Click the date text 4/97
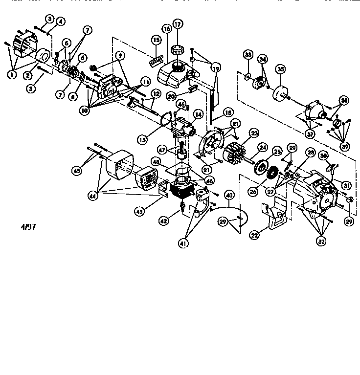pyautogui.click(x=28, y=226)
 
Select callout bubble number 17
pyautogui.click(x=177, y=23)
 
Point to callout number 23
pyautogui.click(x=254, y=132)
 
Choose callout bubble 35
pyautogui.click(x=280, y=69)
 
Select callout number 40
pyautogui.click(x=229, y=194)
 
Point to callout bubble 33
pyautogui.click(x=247, y=54)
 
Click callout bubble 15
pyautogui.click(x=156, y=39)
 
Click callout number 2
pyautogui.click(x=28, y=75)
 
